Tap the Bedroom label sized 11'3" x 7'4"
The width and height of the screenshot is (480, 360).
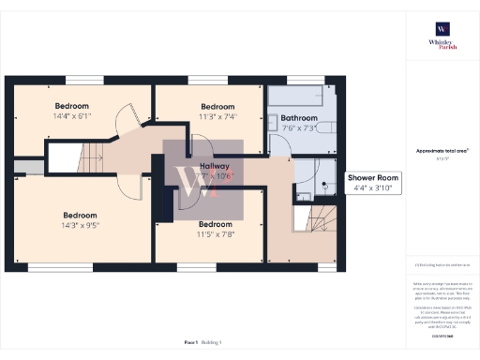coord(217,111)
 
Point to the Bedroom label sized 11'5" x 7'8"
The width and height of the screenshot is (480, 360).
coord(215,229)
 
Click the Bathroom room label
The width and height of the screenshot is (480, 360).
coord(299,122)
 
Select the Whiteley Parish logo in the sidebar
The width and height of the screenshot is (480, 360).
coord(441,36)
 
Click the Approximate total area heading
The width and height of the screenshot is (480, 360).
coord(442,151)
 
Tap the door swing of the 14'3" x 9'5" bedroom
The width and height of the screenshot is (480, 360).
coord(130,184)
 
